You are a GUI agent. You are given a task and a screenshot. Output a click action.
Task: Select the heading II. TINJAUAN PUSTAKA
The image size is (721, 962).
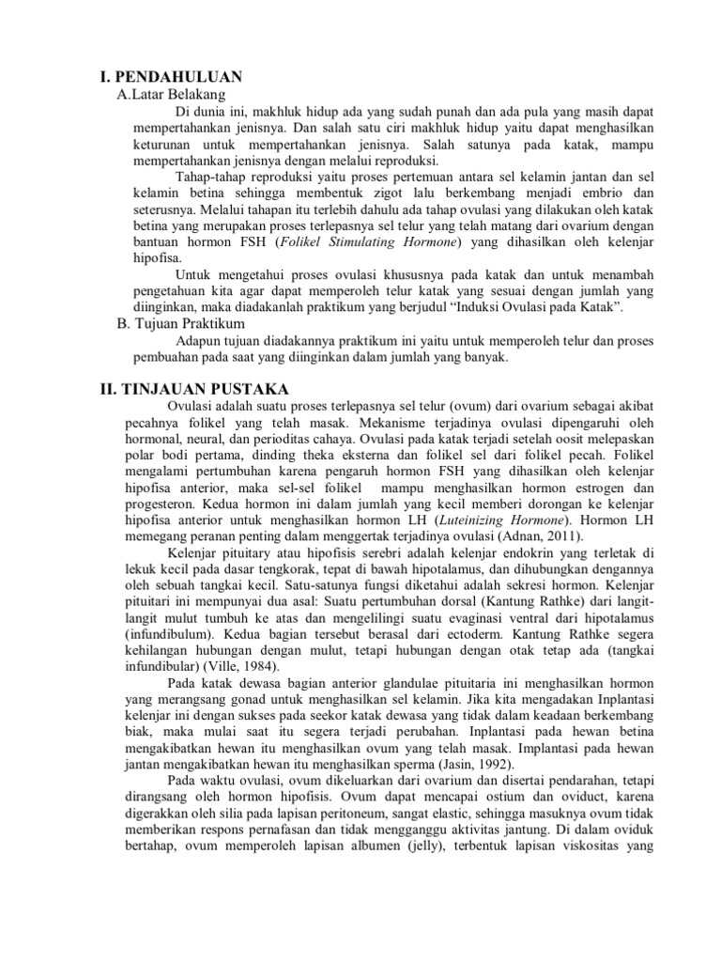click(194, 389)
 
